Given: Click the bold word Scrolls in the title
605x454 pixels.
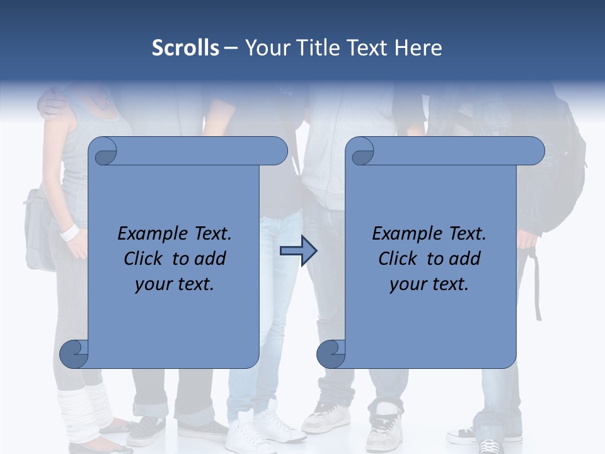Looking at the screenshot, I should click(x=185, y=48).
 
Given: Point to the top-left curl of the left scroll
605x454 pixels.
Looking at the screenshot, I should click(x=103, y=152).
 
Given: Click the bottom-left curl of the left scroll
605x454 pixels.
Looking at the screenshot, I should click(x=74, y=354).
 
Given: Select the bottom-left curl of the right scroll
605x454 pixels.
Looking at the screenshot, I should click(x=331, y=354).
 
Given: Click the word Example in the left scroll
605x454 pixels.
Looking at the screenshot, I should click(x=149, y=234).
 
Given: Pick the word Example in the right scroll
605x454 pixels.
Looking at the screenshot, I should click(x=403, y=234).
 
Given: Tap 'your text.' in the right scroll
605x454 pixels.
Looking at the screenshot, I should click(x=429, y=284).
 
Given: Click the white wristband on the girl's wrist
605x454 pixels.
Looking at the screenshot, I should click(x=69, y=232).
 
